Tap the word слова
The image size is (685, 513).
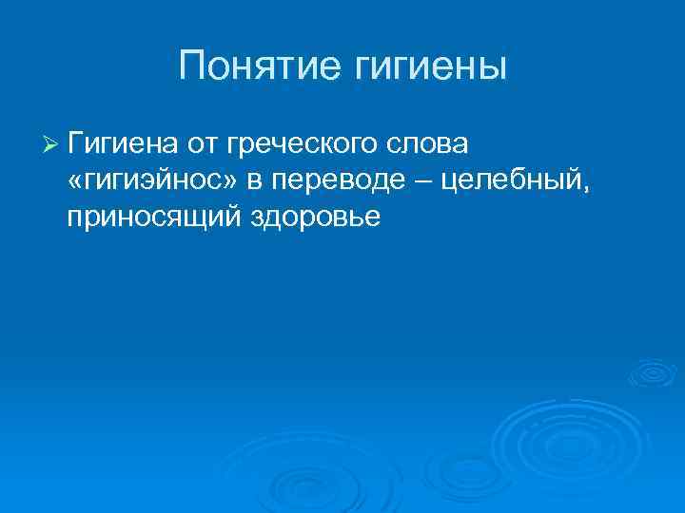pos(432,143)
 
